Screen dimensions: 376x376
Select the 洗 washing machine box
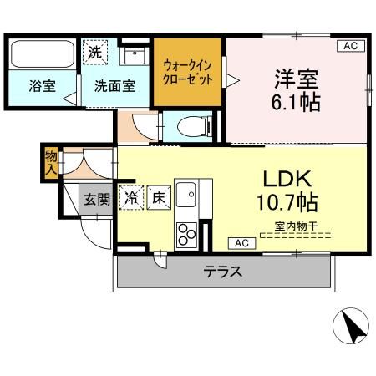(x=95, y=52)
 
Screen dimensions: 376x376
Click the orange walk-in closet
(x=188, y=72)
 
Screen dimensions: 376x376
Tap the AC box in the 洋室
(x=351, y=47)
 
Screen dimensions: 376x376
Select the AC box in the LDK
(x=241, y=243)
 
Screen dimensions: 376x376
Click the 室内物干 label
(x=297, y=226)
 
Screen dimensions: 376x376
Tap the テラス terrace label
(x=223, y=272)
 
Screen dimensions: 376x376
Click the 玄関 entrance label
(x=96, y=199)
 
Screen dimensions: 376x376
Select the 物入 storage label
(x=51, y=161)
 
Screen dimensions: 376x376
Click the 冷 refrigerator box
(x=131, y=199)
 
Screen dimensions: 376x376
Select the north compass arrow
(x=354, y=326)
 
